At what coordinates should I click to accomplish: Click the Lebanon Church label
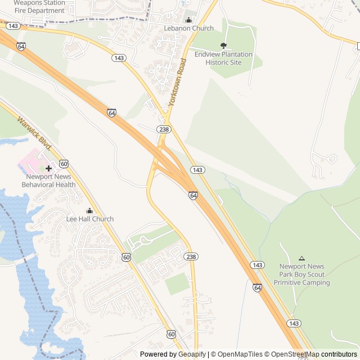189,28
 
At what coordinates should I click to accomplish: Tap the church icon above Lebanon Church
188,20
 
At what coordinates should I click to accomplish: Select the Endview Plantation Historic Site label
224,58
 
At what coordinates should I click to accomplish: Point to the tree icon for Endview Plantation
224,46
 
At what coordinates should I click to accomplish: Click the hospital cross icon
48,168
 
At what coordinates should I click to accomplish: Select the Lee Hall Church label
90,219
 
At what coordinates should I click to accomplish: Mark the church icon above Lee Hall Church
90,210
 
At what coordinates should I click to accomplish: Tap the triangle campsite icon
301,258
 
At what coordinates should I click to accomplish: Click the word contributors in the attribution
339,354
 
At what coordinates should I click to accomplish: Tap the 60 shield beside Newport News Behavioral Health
64,164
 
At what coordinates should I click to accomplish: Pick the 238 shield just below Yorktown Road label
164,129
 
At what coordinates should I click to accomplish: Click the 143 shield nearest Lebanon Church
118,58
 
